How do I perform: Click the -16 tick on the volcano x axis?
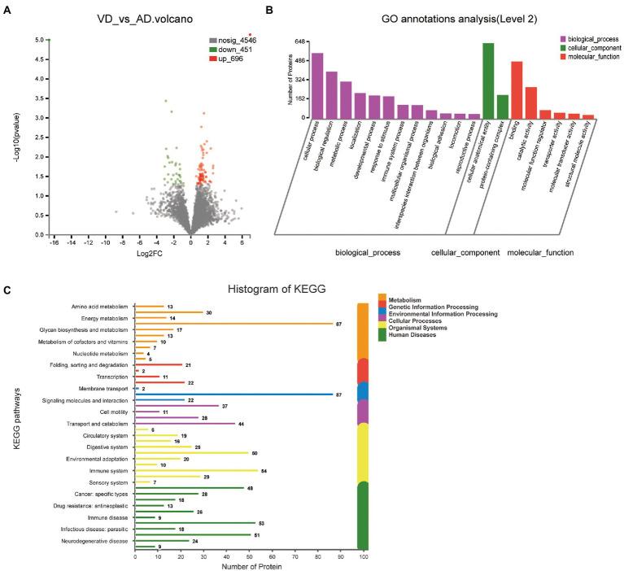[53, 242]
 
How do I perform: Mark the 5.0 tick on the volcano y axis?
[38, 40]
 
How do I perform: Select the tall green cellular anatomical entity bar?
[488, 80]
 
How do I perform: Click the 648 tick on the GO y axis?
[299, 41]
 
